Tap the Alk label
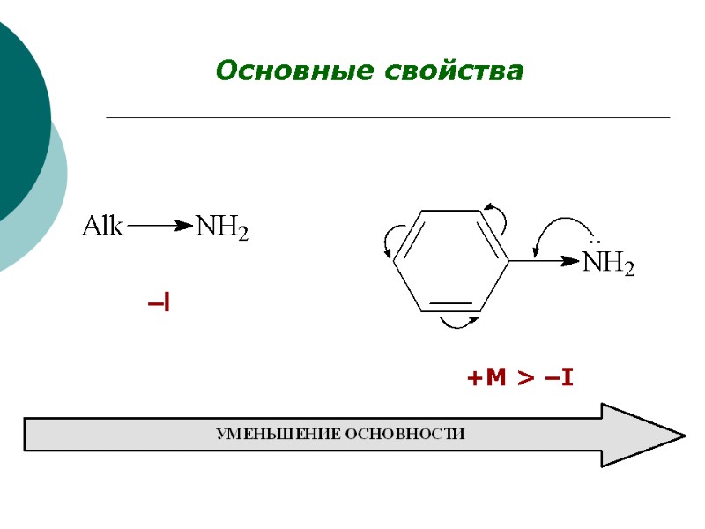coord(103,227)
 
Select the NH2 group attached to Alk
coord(221,229)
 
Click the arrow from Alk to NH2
coord(160,227)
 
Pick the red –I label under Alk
coord(160,304)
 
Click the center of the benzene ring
coord(451,260)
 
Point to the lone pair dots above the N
coord(595,242)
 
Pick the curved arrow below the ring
coord(458,324)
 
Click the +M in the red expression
coord(486,379)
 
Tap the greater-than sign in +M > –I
coord(525,379)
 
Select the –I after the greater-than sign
coord(560,379)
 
